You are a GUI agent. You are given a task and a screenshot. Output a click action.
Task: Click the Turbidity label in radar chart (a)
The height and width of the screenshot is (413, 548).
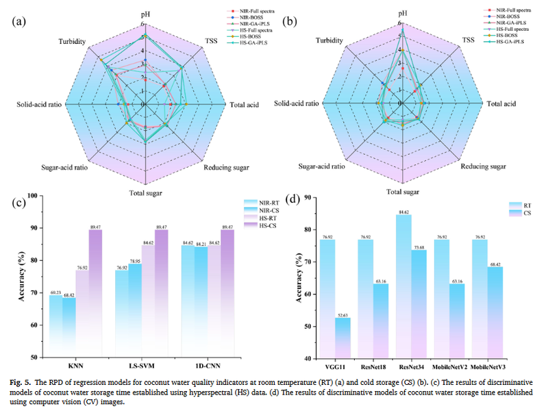[x=72, y=42]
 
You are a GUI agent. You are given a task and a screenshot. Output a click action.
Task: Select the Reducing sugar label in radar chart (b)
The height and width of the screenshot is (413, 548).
[x=484, y=166]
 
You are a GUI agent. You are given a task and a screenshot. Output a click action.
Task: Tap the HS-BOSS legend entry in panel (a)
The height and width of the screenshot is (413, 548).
[x=253, y=36]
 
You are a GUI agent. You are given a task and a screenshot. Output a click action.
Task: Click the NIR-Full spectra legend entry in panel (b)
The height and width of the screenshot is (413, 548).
[x=506, y=11]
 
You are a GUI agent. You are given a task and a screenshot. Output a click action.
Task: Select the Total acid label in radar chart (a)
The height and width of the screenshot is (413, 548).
[x=244, y=105]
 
